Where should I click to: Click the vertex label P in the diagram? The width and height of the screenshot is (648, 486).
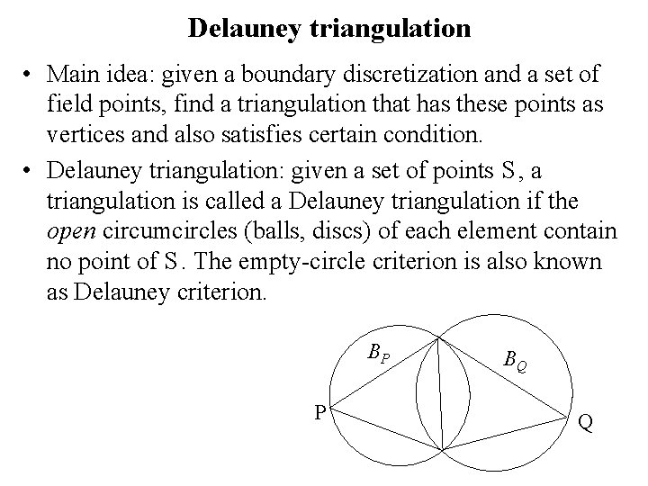coord(319,413)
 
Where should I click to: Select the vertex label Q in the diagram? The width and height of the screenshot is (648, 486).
coord(585,421)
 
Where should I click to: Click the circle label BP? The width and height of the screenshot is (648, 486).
coord(379,352)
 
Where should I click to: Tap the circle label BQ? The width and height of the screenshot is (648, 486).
coord(516,362)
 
